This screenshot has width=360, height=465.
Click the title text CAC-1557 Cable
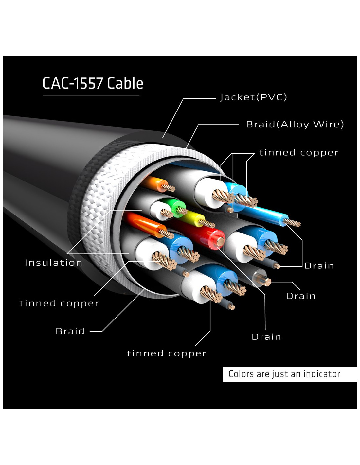point(93,83)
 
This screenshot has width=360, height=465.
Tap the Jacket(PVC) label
point(254,97)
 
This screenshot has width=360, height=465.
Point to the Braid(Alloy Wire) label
point(295,124)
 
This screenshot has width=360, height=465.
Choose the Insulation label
point(53,263)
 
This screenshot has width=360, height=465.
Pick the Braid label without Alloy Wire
point(70,331)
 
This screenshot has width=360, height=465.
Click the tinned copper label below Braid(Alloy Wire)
point(298,153)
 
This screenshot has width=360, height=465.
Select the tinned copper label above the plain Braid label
point(59,303)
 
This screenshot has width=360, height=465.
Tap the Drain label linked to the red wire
point(266,337)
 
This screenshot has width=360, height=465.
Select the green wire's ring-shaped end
point(180,208)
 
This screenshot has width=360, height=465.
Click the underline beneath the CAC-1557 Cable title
point(91,95)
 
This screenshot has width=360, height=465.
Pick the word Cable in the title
point(125,83)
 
